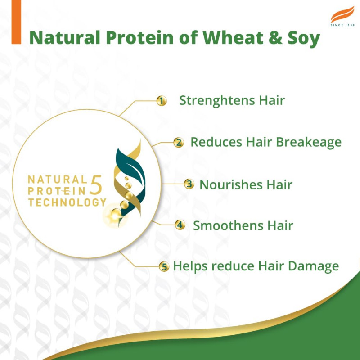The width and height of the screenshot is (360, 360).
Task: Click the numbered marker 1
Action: (x=161, y=101)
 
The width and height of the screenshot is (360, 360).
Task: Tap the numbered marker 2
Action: (x=179, y=143)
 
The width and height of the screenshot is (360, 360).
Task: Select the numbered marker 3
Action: (x=189, y=184)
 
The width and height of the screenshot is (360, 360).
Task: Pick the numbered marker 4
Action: (x=180, y=225)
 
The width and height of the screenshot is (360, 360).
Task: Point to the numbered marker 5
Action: (x=165, y=266)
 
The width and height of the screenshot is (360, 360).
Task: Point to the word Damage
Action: (x=313, y=266)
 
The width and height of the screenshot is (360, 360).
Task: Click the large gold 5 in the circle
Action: (x=96, y=184)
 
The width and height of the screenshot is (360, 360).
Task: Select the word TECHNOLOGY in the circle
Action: (x=67, y=202)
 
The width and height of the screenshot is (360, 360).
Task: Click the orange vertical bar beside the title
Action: (x=16, y=22)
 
